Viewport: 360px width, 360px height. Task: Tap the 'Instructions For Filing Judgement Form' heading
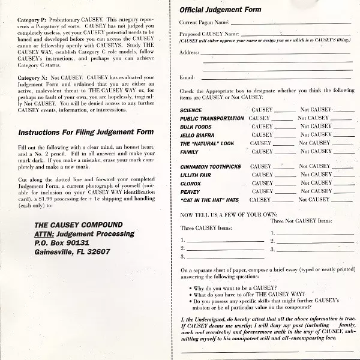[86, 132]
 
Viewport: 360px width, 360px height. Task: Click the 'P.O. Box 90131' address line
[62, 242]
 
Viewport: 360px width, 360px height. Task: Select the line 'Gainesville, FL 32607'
[73, 251]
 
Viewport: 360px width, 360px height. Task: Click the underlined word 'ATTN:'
[47, 233]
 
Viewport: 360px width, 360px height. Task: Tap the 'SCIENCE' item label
[191, 110]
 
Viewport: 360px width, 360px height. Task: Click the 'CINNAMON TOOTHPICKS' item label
[211, 166]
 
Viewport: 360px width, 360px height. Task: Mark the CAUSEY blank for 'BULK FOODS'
[284, 128]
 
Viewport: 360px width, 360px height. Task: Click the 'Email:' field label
[187, 77]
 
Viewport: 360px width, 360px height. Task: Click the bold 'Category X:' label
[35, 79]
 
